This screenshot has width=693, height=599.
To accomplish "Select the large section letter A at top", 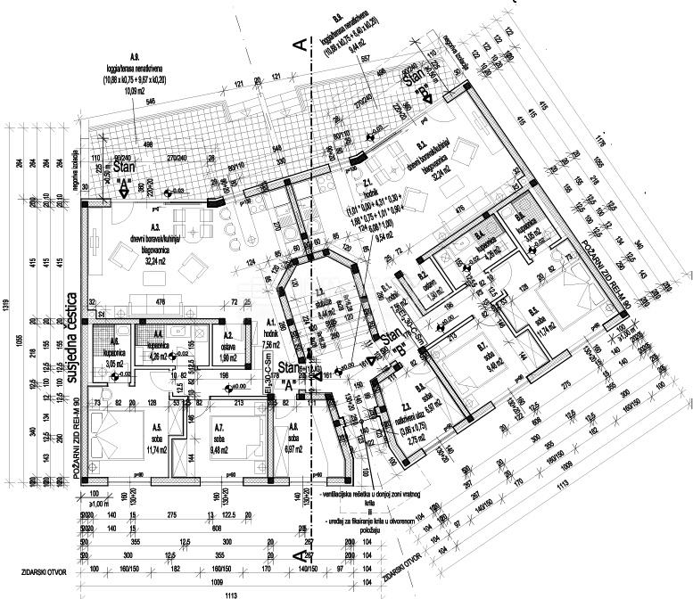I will pyautogui.click(x=301, y=43).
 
